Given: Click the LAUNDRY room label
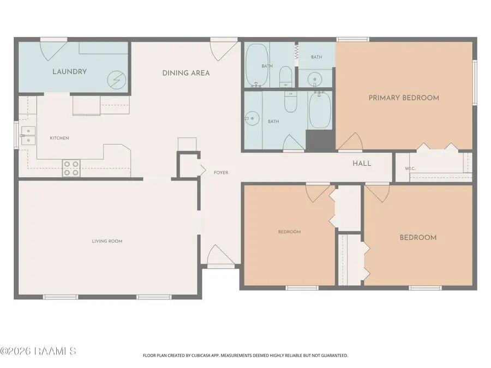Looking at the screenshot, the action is click(x=69, y=71).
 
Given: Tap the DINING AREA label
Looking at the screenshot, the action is click(x=186, y=73).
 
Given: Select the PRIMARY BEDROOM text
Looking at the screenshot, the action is click(x=404, y=98).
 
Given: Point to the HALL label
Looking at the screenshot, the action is click(x=362, y=164).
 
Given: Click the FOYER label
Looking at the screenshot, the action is click(x=221, y=172).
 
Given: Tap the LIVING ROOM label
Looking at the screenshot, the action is click(x=107, y=241).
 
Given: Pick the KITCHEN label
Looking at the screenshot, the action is click(x=59, y=138).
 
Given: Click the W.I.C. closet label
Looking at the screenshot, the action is click(x=410, y=168).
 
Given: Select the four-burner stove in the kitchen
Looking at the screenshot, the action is click(x=71, y=168).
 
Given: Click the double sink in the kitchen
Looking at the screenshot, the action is click(x=28, y=136).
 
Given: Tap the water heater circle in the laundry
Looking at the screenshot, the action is click(x=117, y=80).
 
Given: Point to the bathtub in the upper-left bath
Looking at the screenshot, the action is click(x=257, y=65).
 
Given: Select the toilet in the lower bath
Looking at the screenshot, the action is click(x=291, y=102).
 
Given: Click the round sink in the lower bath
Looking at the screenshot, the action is click(x=252, y=118).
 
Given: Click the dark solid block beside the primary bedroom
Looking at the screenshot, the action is click(x=320, y=141).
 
